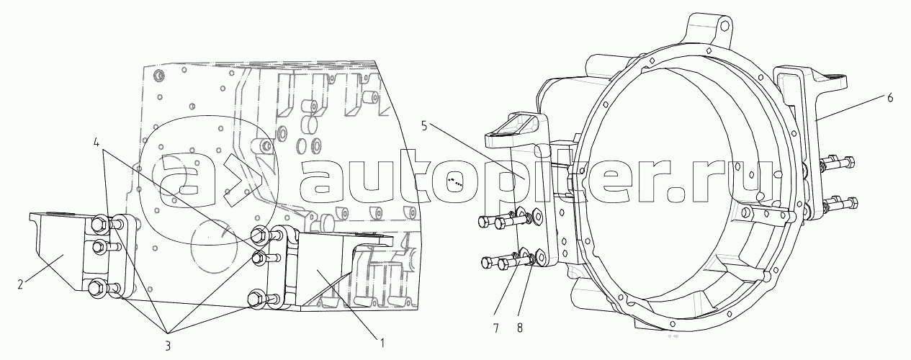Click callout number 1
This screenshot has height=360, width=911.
point(382,343)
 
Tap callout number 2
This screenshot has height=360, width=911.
point(20,284)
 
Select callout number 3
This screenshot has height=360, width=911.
point(167,346)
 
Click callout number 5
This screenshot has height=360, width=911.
point(423,127)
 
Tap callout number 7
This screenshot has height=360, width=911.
point(495,328)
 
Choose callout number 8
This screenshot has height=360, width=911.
point(519,328)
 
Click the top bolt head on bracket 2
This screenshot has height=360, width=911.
point(99,224)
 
